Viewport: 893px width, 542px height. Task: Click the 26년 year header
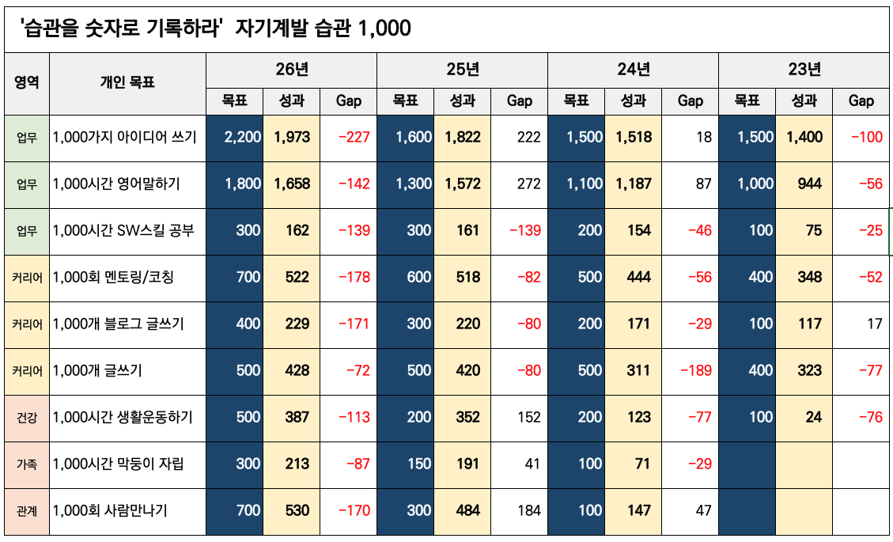click(292, 69)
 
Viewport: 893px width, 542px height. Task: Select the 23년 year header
click(804, 69)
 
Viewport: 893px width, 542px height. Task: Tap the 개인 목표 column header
click(127, 82)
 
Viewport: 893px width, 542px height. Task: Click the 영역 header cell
click(27, 82)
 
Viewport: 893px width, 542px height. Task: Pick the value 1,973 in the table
click(292, 137)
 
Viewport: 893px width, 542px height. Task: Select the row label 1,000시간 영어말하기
click(116, 184)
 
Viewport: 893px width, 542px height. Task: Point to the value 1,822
click(463, 137)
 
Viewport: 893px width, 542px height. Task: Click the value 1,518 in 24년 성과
click(634, 137)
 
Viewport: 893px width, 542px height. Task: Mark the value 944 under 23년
click(804, 184)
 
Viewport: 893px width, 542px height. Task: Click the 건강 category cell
click(27, 417)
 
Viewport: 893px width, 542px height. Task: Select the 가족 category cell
click(27, 464)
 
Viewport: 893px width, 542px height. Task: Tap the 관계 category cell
click(27, 511)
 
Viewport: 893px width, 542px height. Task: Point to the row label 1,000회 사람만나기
click(110, 511)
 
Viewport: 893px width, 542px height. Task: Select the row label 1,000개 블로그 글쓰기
click(118, 324)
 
